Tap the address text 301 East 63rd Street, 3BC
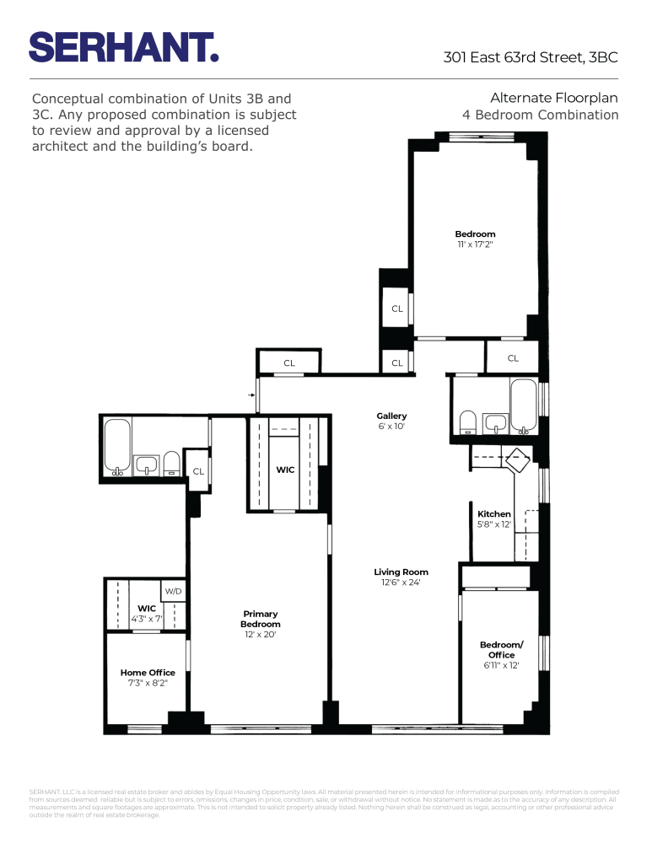click(x=531, y=57)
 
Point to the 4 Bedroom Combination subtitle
click(x=540, y=115)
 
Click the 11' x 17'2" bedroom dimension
click(x=475, y=244)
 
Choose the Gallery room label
click(x=391, y=416)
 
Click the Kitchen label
click(x=493, y=513)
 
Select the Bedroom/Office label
click(x=501, y=649)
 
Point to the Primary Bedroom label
click(x=261, y=619)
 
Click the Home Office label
click(x=148, y=672)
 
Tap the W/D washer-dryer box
click(x=174, y=592)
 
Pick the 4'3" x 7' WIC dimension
click(x=148, y=619)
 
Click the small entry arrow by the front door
click(x=251, y=394)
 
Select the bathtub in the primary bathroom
click(x=116, y=446)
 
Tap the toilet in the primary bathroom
click(x=172, y=463)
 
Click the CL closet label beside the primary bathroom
click(x=198, y=471)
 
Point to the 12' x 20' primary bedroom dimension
click(x=261, y=635)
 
